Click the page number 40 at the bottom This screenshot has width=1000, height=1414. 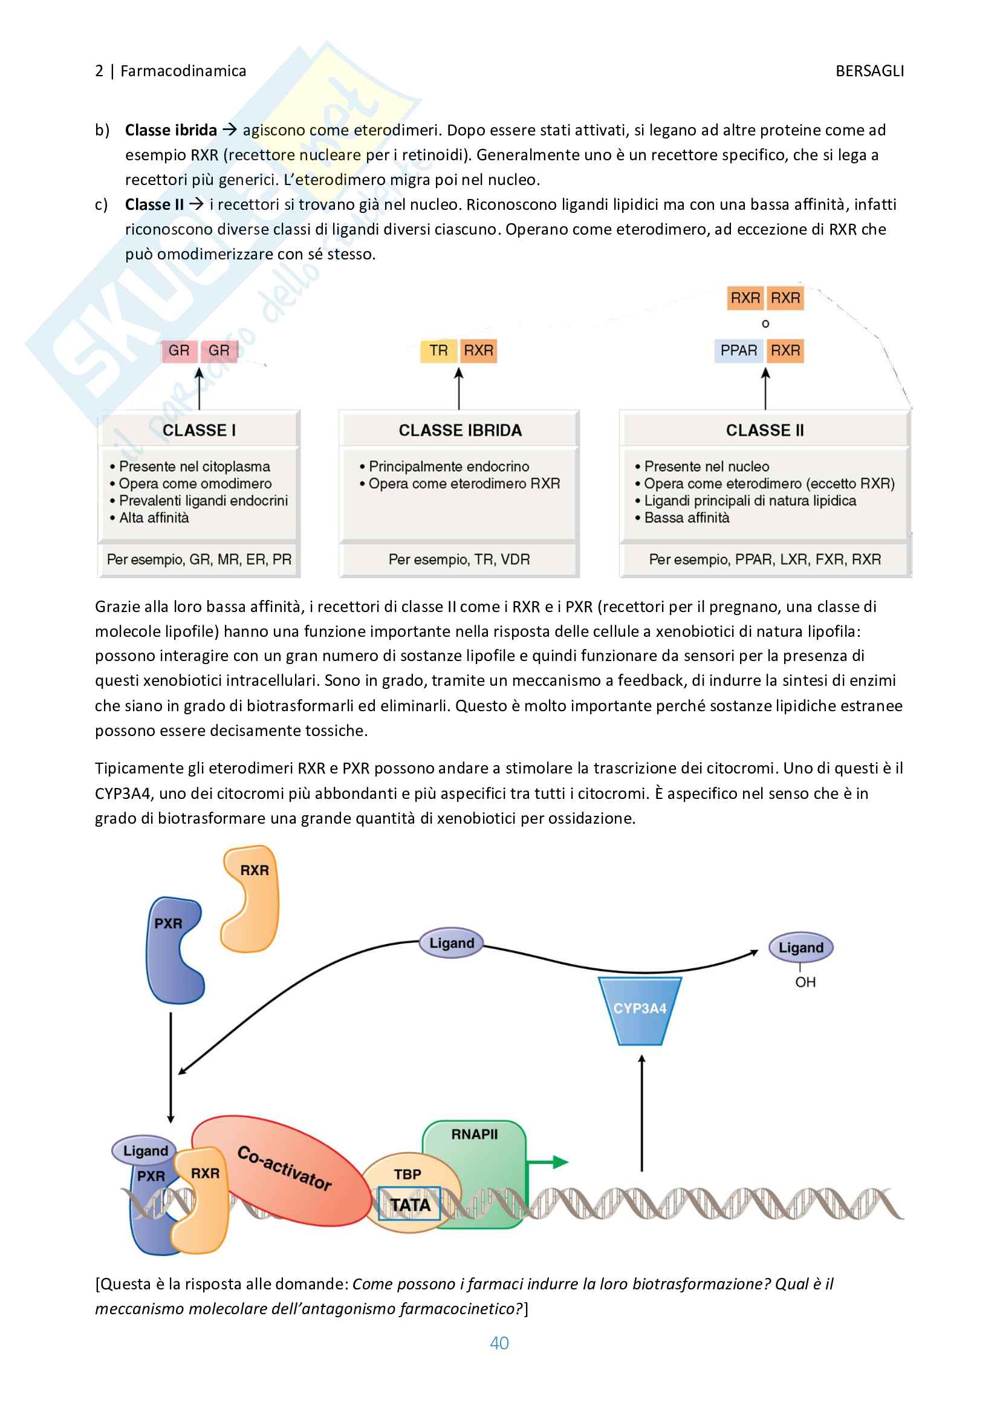499,1343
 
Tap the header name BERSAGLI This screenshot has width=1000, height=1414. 869,71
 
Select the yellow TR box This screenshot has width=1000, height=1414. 438,351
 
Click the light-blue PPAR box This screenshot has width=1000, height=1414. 738,351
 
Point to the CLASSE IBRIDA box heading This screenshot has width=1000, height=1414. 459,430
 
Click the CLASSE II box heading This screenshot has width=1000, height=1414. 765,430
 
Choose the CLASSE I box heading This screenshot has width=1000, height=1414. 199,430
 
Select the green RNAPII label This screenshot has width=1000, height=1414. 474,1135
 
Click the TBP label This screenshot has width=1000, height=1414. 407,1175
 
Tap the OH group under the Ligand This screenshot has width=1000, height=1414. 805,982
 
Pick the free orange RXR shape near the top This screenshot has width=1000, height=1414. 251,899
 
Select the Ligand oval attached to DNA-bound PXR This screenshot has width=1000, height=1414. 144,1150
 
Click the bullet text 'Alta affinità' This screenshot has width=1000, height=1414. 154,518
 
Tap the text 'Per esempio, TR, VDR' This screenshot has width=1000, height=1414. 459,560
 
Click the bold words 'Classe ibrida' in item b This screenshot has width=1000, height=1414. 170,131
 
